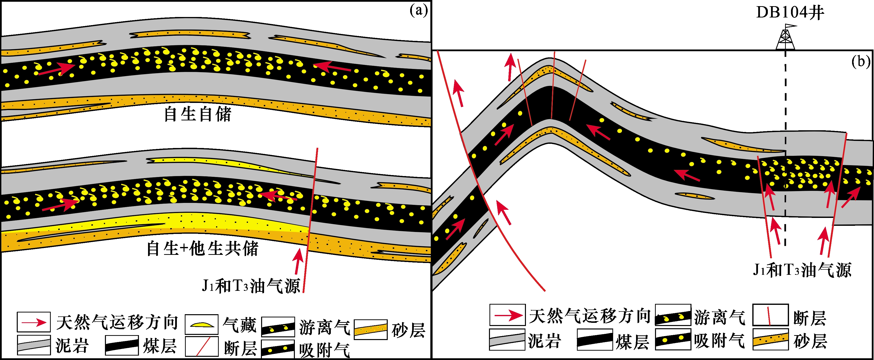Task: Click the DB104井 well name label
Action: (x=790, y=13)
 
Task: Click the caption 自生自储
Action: (x=198, y=114)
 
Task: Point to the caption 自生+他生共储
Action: (x=202, y=248)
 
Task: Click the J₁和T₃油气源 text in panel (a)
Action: (x=251, y=286)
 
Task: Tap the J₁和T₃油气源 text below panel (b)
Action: (x=802, y=270)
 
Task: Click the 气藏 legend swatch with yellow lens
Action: (x=202, y=324)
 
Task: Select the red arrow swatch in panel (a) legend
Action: (x=34, y=322)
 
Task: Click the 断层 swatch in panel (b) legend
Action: (x=770, y=315)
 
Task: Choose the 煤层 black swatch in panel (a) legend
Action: (x=122, y=345)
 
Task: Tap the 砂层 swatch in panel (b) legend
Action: (x=770, y=340)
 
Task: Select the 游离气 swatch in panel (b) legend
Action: (x=673, y=315)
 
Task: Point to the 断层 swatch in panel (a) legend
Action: (x=202, y=346)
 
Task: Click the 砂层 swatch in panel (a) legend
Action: (x=370, y=329)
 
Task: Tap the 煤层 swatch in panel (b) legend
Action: (x=594, y=340)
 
